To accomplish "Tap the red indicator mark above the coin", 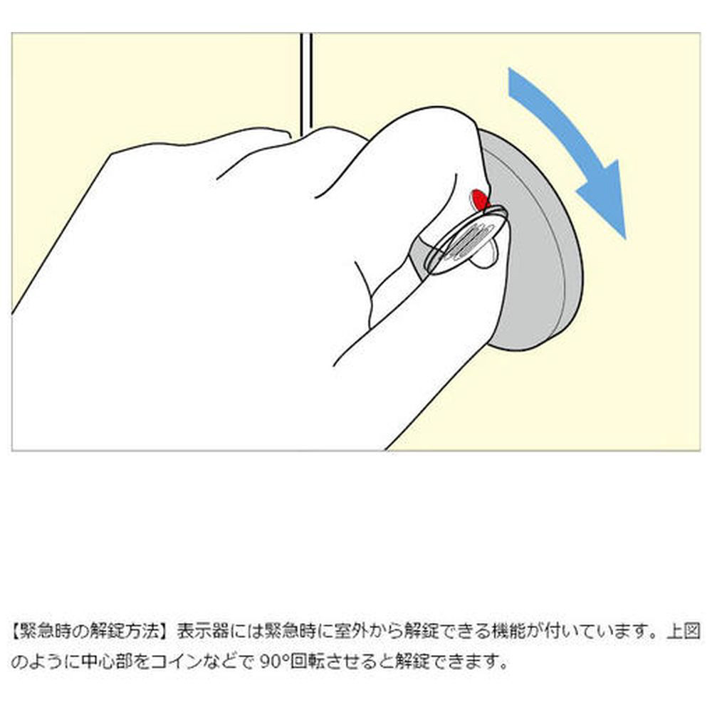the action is point(479,199).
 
